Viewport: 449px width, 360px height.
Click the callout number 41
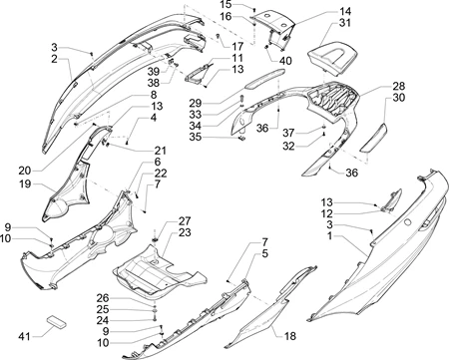coord(24,337)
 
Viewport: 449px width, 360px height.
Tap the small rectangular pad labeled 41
coord(56,321)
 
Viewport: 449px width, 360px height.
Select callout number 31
coord(345,23)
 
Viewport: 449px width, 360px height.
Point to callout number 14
coord(345,11)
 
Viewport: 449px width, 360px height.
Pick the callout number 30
coord(399,98)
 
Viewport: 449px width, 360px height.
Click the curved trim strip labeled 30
coord(374,138)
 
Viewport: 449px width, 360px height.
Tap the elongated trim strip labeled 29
coord(265,79)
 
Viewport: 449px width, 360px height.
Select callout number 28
coord(399,86)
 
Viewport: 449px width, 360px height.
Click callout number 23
coord(185,232)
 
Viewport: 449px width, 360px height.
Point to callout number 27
coord(185,220)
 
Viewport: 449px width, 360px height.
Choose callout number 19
coord(25,183)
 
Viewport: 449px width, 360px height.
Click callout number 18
coord(290,336)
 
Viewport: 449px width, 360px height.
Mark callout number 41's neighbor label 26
coord(103,298)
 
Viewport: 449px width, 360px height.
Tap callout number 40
coord(285,61)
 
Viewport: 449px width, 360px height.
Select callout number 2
coord(54,59)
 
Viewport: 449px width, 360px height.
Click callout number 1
coord(329,236)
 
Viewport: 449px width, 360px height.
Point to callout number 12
coord(327,213)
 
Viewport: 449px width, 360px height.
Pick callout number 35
coord(196,137)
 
